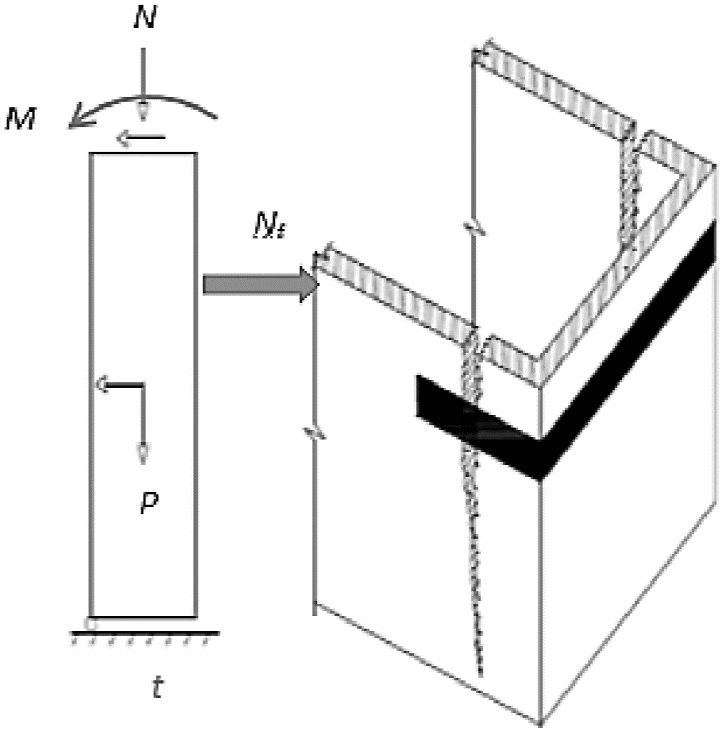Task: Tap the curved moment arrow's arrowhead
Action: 76,119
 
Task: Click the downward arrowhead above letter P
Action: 143,453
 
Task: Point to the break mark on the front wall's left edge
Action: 315,433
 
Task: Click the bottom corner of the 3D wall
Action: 542,723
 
